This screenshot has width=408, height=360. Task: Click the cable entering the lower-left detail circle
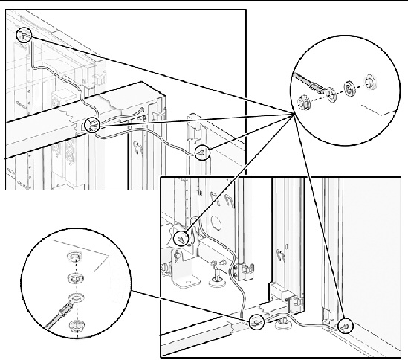point(46,321)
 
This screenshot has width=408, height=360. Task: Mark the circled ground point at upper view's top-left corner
point(23,34)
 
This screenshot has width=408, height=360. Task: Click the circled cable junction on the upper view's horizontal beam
point(91,125)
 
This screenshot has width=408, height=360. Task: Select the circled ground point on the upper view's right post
point(200,152)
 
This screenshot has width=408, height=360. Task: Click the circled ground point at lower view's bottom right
point(346,326)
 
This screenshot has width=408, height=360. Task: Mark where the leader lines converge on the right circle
point(293,112)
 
